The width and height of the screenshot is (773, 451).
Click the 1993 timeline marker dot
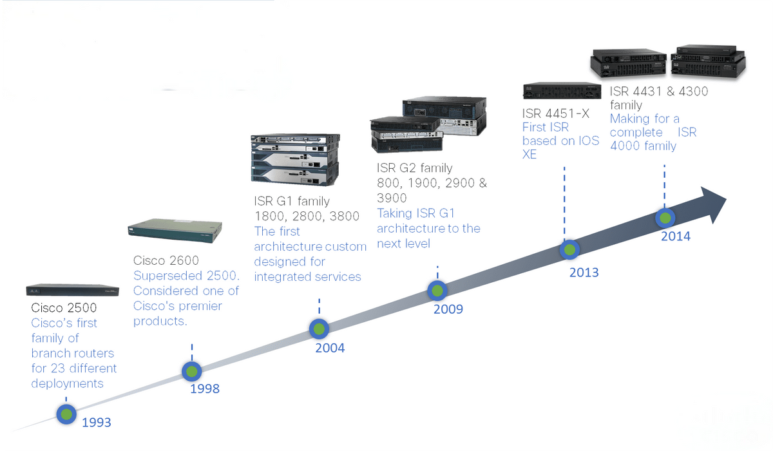66,414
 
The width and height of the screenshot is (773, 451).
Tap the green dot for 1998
192,371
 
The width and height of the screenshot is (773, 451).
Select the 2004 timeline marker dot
320,329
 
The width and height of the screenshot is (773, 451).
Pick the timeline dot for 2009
437,291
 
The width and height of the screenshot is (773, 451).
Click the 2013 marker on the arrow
569,249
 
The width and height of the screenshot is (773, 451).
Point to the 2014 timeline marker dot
665,218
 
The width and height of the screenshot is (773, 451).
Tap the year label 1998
205,389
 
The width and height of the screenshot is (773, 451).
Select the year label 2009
448,309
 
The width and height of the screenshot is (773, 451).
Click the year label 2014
676,236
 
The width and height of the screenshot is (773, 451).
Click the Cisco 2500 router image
72,290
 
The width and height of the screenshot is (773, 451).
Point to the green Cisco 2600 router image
175,231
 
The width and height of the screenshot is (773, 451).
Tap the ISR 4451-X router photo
562,91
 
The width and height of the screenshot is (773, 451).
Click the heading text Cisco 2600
166,260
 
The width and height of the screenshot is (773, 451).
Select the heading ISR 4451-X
555,113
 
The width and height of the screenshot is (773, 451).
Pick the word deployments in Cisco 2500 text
67,384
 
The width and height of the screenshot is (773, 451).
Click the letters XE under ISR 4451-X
530,154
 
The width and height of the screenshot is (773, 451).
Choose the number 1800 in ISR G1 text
270,216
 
